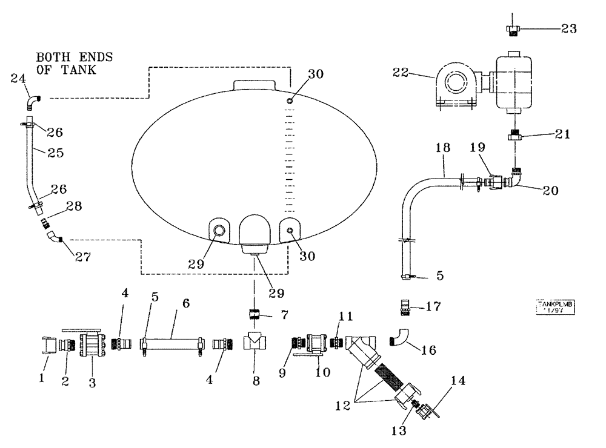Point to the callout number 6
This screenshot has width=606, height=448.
coord(185,303)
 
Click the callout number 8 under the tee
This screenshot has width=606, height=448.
coord(256,383)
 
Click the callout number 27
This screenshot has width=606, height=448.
coord(82,257)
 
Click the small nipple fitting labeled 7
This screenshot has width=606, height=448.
coord(255,315)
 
